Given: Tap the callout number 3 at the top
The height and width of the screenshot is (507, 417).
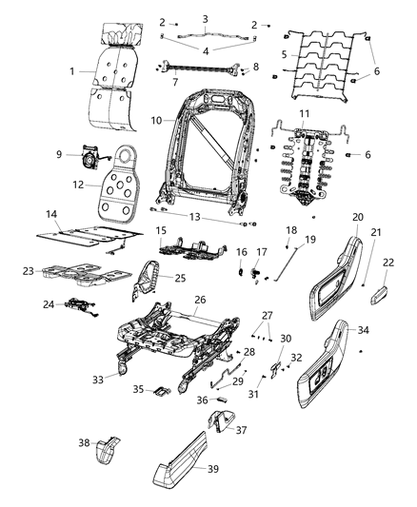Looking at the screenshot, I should pyautogui.click(x=204, y=18).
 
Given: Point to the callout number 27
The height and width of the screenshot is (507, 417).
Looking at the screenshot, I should pyautogui.click(x=268, y=316).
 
